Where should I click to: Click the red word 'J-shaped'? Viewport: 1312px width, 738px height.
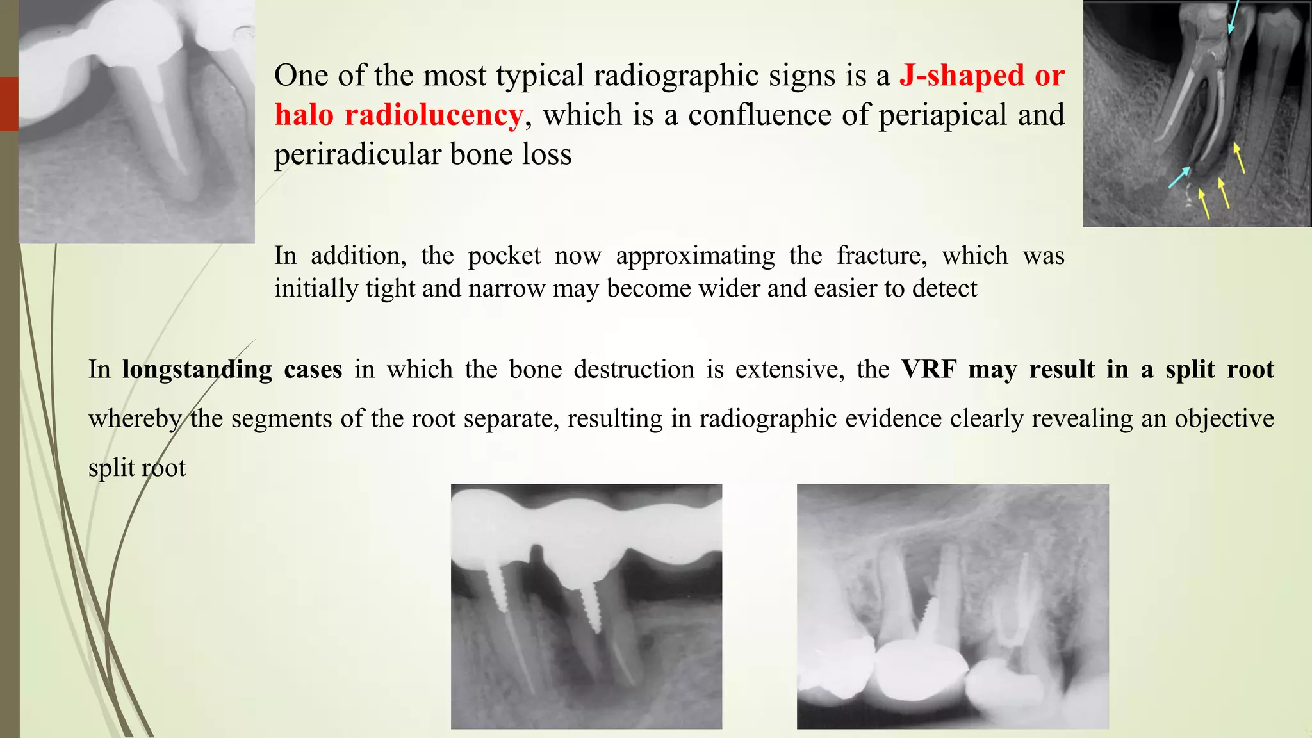coord(962,76)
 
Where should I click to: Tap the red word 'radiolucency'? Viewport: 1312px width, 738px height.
coord(434,115)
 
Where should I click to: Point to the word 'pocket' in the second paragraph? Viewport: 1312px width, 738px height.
coord(504,256)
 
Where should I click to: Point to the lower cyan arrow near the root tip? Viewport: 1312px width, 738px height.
coord(1179,177)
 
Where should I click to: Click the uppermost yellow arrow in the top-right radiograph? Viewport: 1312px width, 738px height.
coord(1240,158)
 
